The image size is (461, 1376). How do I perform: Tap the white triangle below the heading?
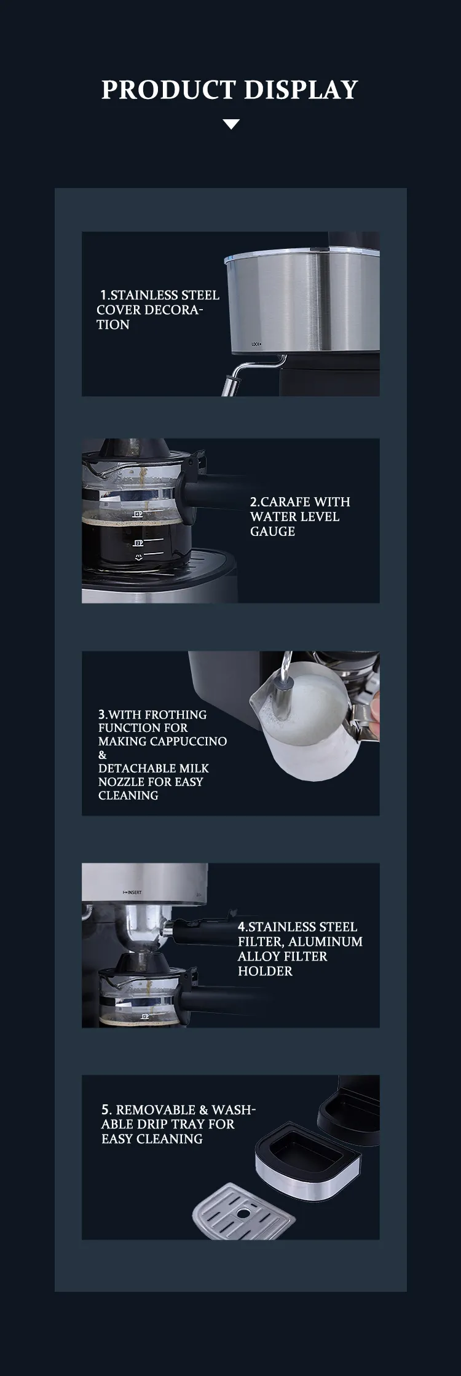point(231,124)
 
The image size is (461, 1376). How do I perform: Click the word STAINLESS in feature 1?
point(144,295)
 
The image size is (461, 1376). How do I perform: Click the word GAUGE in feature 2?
point(272,531)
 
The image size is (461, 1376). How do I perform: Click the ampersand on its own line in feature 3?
point(102,755)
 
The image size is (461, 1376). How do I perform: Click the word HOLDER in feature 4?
point(265,971)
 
